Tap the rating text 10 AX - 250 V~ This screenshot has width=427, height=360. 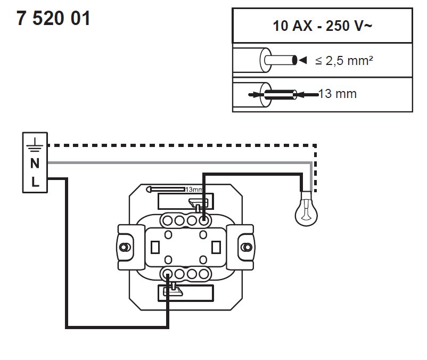pos(322,25)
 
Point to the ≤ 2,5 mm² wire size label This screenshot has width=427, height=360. pos(343,61)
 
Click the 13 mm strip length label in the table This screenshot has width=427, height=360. pos(337,94)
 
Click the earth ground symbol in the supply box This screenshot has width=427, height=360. pos(34,144)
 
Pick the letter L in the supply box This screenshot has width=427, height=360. pos(34,182)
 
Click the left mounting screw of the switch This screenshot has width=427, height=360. pos(125,247)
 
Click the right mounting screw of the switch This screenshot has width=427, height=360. pos(246,247)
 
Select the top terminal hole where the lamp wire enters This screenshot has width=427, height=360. pos(203,220)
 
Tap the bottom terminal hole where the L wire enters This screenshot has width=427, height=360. pos(167,274)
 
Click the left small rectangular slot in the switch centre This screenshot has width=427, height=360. pos(156,247)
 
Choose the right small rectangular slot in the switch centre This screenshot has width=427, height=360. pos(216,247)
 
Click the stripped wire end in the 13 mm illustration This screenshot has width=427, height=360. pos(281,95)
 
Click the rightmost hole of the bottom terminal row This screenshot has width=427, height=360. pos(203,274)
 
